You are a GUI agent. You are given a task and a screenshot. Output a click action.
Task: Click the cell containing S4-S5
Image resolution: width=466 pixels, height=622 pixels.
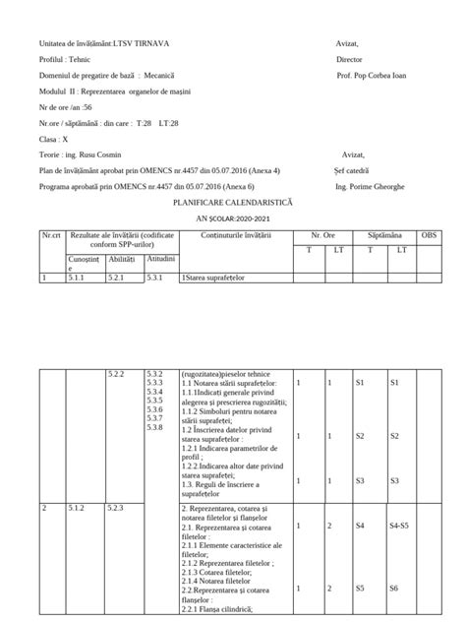[x=399, y=527]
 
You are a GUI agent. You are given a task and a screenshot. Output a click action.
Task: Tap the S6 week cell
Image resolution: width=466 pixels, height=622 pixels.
[x=394, y=588]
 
